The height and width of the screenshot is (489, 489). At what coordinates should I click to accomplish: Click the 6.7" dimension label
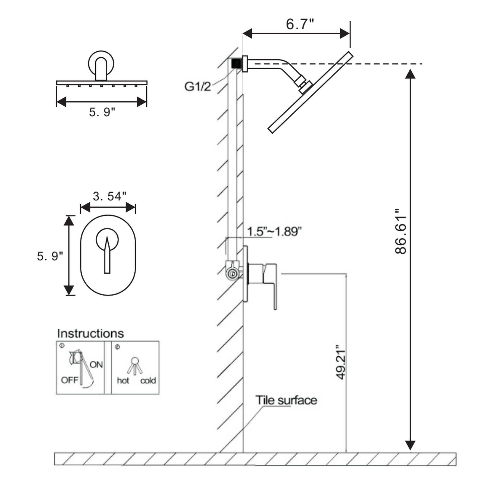pyautogui.click(x=300, y=24)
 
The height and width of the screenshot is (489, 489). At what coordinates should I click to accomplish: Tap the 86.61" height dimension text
pyautogui.click(x=401, y=235)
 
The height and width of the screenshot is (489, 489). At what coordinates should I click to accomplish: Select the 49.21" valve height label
pyautogui.click(x=340, y=362)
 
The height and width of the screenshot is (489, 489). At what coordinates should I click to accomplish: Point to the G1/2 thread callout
pyautogui.click(x=198, y=87)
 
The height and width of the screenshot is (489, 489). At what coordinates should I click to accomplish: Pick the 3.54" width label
pyautogui.click(x=109, y=196)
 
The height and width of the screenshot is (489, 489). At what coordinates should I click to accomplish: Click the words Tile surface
pyautogui.click(x=286, y=400)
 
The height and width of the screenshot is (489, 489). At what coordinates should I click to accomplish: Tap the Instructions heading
pyautogui.click(x=90, y=333)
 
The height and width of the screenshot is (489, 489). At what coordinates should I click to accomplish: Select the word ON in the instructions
pyautogui.click(x=96, y=365)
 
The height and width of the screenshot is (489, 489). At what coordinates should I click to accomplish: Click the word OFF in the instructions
pyautogui.click(x=70, y=380)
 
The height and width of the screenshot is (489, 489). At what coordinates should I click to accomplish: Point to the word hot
pyautogui.click(x=123, y=380)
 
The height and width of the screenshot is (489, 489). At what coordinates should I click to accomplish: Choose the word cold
pyautogui.click(x=148, y=380)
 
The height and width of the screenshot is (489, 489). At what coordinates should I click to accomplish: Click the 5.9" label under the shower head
pyautogui.click(x=102, y=112)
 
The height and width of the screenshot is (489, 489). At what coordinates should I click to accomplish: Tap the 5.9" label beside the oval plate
pyautogui.click(x=50, y=256)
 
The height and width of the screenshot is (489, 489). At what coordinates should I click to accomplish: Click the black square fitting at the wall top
pyautogui.click(x=236, y=64)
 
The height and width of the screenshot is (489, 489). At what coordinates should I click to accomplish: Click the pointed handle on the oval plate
pyautogui.click(x=107, y=255)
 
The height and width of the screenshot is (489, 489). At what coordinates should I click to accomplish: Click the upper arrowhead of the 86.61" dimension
pyautogui.click(x=410, y=74)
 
